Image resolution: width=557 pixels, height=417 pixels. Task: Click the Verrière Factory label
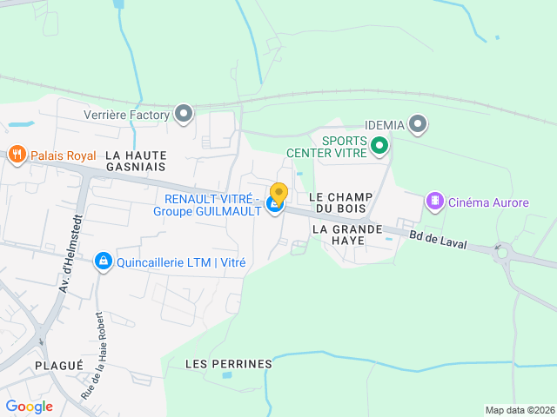coord(127,114)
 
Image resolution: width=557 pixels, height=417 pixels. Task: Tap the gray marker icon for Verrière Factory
coord(184,113)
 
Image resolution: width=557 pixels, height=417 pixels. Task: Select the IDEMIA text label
coord(385,125)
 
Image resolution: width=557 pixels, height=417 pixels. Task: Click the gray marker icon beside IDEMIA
coord(419,125)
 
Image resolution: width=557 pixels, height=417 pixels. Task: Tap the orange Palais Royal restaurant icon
coord(17,156)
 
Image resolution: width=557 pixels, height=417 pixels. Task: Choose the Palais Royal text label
coord(64,156)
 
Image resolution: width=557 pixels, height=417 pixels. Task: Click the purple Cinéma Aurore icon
coord(433,202)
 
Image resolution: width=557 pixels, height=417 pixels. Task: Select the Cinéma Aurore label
coord(488,203)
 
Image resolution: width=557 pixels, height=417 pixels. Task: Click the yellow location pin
coord(279,194)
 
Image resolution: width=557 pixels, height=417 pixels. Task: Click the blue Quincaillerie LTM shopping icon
coord(104,261)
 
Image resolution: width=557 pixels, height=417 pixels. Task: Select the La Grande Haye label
coord(347,235)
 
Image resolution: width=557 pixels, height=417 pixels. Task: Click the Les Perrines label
coord(229,364)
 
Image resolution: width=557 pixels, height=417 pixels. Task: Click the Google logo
coord(29,407)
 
